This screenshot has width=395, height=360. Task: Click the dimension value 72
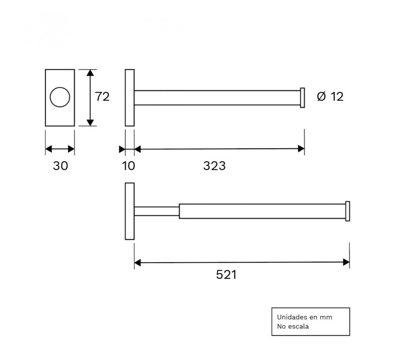point(102,96)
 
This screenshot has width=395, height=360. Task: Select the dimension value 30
point(60,166)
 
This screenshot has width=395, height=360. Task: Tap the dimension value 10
point(129,166)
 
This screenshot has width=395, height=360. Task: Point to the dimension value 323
point(214,166)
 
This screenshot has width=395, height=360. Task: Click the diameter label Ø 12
point(330,96)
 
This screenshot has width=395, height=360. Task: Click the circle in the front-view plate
point(60,97)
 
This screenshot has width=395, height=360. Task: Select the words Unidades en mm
point(304,317)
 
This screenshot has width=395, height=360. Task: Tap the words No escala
point(293,327)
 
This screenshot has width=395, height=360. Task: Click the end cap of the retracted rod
point(303,98)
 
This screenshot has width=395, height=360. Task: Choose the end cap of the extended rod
point(348,211)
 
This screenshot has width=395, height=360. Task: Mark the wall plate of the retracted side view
point(129,98)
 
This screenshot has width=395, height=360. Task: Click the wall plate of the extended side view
point(129,211)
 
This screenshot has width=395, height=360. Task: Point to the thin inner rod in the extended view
point(156,211)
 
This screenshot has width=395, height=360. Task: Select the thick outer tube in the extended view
point(262,211)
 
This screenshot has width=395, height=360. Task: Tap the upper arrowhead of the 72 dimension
point(90,73)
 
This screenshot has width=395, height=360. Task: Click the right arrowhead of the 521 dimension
point(347,262)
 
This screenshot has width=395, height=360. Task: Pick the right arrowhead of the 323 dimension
point(302,149)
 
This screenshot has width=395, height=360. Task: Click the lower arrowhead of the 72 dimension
point(90,122)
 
